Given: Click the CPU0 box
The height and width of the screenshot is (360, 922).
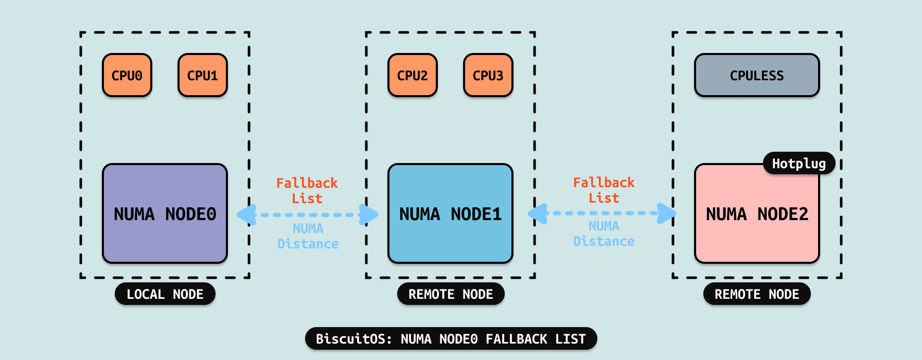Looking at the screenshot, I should [x=127, y=75].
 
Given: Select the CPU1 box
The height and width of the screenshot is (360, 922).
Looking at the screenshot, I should [x=203, y=75].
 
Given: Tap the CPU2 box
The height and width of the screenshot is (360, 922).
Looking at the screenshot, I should [x=413, y=75].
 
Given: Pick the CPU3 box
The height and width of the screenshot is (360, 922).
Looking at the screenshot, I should [x=488, y=75].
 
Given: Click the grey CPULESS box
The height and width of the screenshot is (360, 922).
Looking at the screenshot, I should [x=757, y=75].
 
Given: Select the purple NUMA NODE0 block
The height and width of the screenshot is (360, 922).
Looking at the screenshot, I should [x=165, y=213].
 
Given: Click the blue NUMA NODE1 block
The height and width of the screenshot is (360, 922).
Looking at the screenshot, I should [x=450, y=213].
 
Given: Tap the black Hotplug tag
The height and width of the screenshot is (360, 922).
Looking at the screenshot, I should [x=799, y=164].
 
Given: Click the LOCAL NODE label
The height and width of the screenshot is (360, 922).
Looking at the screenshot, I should [x=165, y=294].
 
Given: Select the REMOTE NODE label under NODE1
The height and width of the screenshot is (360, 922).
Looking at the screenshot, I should [x=451, y=294].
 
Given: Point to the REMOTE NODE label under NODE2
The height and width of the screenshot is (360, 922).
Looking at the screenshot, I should [x=757, y=294].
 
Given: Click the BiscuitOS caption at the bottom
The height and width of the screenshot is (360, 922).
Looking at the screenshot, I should [x=451, y=339].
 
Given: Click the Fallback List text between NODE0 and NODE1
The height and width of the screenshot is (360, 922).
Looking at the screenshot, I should [x=307, y=191].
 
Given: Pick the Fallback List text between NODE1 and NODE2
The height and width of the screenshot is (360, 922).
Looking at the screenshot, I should [x=604, y=190].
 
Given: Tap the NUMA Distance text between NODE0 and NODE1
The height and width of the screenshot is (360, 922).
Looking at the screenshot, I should [x=308, y=236].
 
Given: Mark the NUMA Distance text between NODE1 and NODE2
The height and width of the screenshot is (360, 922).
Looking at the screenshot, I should [x=604, y=233].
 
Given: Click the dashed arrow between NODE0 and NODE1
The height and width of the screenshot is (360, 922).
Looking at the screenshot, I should [x=308, y=214].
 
